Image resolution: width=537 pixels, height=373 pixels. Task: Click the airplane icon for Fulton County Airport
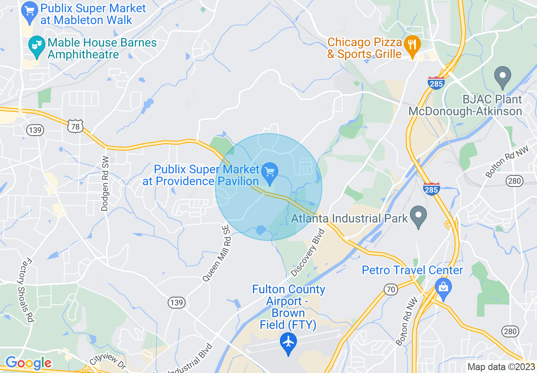tap(288, 342)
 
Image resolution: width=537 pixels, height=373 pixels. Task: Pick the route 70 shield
tap(390, 289)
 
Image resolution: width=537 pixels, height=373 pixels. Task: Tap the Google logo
tap(28, 363)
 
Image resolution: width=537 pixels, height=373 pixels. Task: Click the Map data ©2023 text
tap(500, 367)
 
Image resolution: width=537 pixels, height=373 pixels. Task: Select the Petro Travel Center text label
tap(412, 270)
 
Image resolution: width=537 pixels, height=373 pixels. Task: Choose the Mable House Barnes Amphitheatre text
tap(102, 48)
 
